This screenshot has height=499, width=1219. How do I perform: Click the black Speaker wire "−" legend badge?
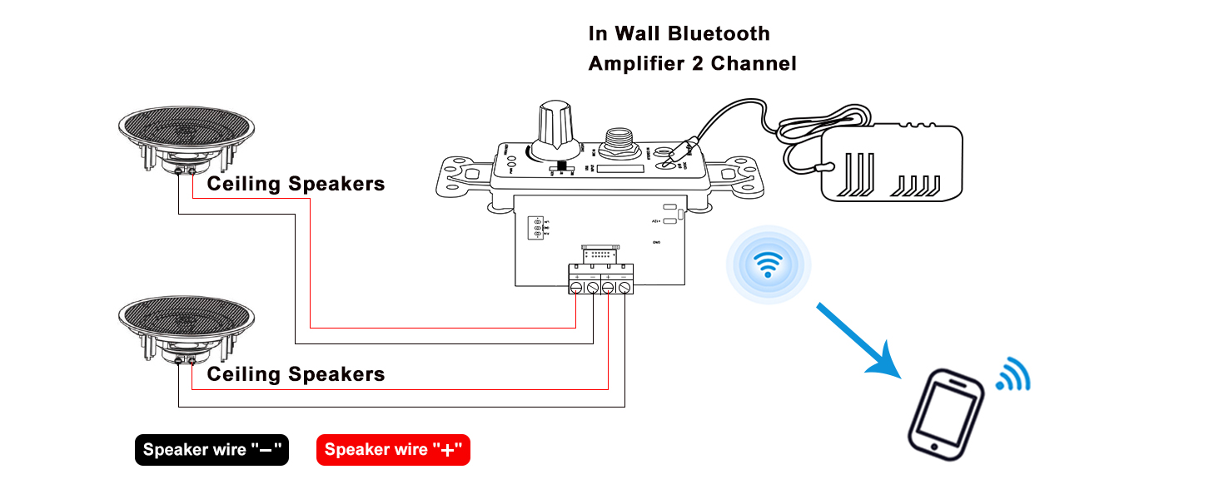[211, 450]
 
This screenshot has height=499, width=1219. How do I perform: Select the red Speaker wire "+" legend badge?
[393, 450]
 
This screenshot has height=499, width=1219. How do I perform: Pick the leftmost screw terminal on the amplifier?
[577, 287]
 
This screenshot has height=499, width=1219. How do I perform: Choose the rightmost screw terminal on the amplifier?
[624, 287]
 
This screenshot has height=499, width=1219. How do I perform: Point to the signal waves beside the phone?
[1013, 375]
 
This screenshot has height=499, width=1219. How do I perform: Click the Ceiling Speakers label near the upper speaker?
[296, 184]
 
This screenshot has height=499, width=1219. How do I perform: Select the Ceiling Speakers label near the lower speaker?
[296, 374]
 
